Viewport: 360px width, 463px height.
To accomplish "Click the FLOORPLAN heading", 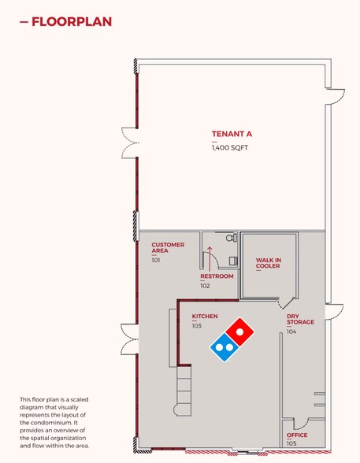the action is pos(72,22).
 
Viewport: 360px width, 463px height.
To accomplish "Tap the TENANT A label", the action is pos(232,134).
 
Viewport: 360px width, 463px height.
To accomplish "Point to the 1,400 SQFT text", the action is pos(230,148).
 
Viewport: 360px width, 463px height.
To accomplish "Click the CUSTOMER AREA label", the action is pos(168,248).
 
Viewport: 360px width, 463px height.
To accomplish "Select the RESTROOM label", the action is pos(217,276).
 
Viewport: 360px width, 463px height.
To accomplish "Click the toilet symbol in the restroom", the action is pos(232,237).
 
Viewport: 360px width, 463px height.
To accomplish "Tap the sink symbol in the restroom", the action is pos(234,261).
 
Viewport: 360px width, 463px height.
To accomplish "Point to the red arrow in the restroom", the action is pos(210,259).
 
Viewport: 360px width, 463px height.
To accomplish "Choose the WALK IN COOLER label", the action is pos(269,263).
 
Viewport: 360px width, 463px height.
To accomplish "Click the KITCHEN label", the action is pos(205,317).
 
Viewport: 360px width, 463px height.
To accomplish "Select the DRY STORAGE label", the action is pos(300,319).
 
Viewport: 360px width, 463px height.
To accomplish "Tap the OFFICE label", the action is pos(297,435).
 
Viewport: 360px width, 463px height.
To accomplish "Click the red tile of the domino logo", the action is pos(239,332).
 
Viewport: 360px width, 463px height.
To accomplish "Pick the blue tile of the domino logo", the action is pos(225,347).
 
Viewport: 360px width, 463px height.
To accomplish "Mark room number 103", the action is pos(197,326).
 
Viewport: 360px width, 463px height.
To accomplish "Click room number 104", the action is pos(291,332).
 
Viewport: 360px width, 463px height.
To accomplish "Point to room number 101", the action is pos(156,261).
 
